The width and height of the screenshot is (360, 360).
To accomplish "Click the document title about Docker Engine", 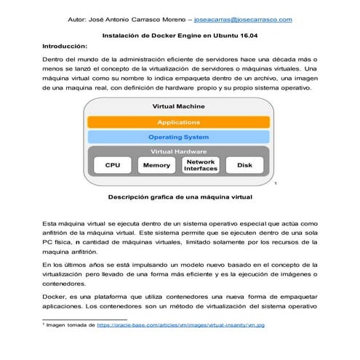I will click(179, 34).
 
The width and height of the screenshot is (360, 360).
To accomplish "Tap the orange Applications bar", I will click(178, 122).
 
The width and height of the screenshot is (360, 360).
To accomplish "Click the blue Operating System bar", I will click(178, 137).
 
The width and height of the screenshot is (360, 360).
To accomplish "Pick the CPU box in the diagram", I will click(113, 165).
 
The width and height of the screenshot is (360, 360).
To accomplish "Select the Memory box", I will click(157, 165).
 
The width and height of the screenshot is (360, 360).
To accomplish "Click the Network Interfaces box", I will click(201, 165).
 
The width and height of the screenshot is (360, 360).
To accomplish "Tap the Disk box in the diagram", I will click(244, 165).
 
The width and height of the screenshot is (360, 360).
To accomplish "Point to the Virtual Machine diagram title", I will click(178, 107).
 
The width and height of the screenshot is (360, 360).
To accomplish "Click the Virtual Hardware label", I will click(178, 151).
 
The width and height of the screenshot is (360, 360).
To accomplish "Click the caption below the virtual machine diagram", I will click(179, 196).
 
